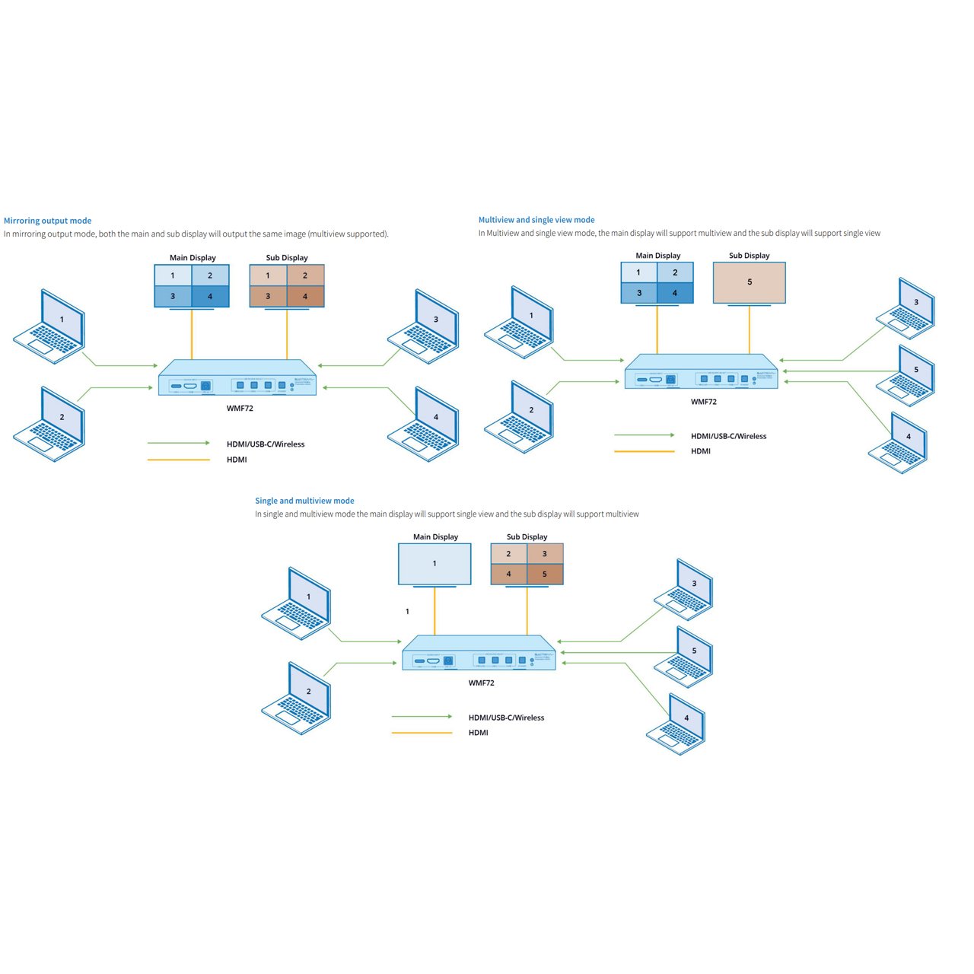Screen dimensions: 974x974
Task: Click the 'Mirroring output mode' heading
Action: coord(47,221)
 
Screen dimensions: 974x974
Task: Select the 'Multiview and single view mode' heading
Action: coord(536,220)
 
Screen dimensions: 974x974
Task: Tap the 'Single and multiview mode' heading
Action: coord(304,501)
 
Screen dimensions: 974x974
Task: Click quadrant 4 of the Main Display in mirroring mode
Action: coord(210,296)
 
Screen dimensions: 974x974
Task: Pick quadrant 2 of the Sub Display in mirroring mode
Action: coord(305,275)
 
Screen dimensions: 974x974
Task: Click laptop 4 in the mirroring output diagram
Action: coord(425,424)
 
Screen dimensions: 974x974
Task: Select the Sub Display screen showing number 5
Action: coord(749,282)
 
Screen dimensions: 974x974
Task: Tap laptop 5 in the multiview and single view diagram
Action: coord(906,375)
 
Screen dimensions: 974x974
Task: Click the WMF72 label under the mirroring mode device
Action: coord(240,409)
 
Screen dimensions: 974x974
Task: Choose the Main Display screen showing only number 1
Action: coord(434,564)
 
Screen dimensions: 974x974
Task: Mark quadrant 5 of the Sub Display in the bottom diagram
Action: coord(545,574)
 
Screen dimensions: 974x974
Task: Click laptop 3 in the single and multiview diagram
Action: coord(685,590)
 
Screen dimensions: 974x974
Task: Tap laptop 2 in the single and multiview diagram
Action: coord(298,698)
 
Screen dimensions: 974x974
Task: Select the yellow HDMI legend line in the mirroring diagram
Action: coord(179,460)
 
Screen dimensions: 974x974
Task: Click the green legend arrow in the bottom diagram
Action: coord(422,717)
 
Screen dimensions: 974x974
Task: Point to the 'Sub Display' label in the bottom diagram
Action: coord(527,536)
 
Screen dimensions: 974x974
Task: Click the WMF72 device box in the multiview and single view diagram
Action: coord(701,372)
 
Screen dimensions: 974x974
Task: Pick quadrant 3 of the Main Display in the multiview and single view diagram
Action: coord(639,293)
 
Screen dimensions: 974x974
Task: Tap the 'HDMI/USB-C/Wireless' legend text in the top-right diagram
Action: coord(728,436)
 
